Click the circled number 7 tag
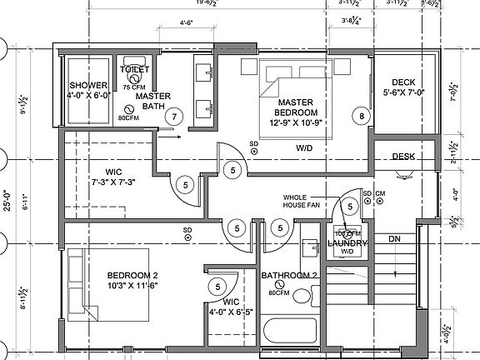pos(173,117)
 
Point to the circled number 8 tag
pos(362,117)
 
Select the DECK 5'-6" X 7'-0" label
pos(402,87)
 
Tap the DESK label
pos(403,156)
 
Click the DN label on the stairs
pos(395,238)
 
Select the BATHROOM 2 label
pos(289,275)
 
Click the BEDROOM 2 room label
pos(132,280)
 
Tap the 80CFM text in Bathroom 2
pos(279,293)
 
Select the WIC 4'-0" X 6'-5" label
pos(229,305)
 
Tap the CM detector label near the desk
pos(380,194)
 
